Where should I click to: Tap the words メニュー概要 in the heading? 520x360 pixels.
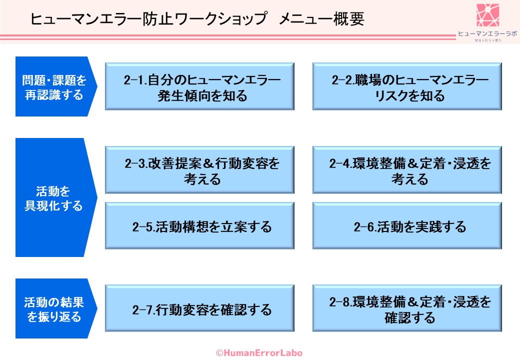[x=321, y=19]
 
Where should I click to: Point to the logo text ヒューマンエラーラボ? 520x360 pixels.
[x=487, y=34]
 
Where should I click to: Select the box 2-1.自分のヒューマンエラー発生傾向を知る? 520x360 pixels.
[x=199, y=86]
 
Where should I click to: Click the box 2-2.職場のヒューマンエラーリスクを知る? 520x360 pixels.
[x=407, y=86]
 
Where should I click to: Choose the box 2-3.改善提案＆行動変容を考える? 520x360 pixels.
[x=199, y=170]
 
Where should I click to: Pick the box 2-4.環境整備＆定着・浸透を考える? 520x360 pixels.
[x=407, y=170]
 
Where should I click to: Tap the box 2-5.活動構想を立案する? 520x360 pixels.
[x=199, y=226]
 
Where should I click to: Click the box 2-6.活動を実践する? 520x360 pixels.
[x=407, y=226]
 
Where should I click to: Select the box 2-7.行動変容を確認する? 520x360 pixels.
[x=199, y=308]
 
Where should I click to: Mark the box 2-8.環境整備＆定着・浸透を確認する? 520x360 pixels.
[x=407, y=308]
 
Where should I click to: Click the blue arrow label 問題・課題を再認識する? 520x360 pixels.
[x=54, y=86]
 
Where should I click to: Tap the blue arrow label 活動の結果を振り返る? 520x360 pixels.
[x=54, y=308]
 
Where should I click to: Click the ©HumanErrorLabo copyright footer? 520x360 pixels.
[x=259, y=352]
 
